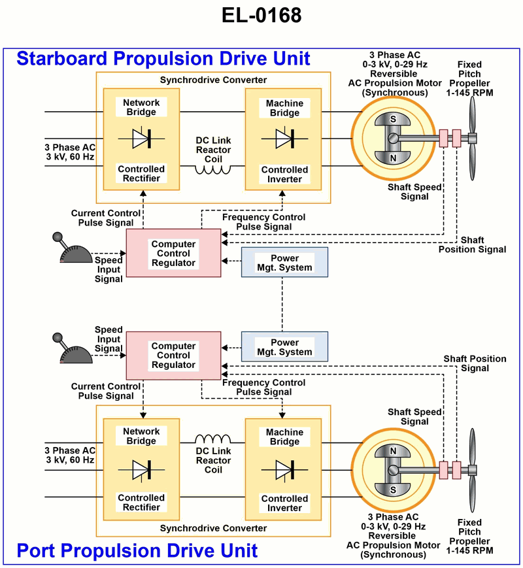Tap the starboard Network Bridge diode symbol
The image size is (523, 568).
point(141,138)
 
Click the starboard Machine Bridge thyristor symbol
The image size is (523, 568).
point(284,138)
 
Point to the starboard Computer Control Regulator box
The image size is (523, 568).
point(173,253)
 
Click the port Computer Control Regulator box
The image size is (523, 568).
point(173,356)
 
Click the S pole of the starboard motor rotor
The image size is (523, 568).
point(394,120)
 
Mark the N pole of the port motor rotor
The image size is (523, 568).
point(394,451)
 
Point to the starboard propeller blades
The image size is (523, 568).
point(473,138)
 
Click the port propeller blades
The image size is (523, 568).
point(473,469)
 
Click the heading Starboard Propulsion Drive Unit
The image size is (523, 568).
point(163,58)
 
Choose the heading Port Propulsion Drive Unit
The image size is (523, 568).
point(137,550)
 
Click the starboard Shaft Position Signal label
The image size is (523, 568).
point(472,244)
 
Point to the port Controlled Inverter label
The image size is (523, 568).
point(284,503)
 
